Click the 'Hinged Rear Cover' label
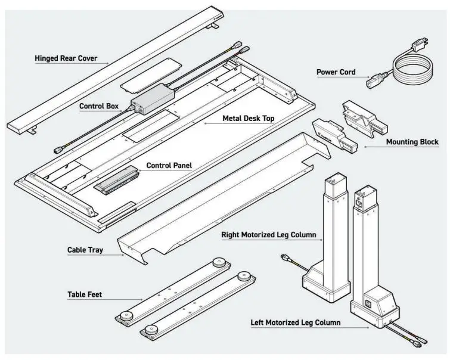(66, 59)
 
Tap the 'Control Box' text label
(99, 107)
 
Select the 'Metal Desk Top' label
(248, 119)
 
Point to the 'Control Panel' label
(169, 166)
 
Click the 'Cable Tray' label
(85, 250)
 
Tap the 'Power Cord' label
(336, 72)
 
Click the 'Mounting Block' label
(412, 142)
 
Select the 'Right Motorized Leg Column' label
(268, 235)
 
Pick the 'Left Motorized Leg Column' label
(296, 322)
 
